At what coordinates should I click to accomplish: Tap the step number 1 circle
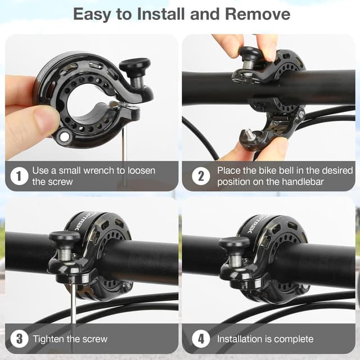(x=19, y=176)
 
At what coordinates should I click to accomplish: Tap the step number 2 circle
(x=200, y=176)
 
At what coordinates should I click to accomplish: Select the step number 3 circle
(x=19, y=339)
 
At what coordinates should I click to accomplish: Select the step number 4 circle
(x=200, y=339)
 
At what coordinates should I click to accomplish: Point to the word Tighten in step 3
(x=50, y=339)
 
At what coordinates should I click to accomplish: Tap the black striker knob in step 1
(x=134, y=66)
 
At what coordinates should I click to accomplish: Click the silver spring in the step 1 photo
(x=137, y=80)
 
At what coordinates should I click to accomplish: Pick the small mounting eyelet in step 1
(x=64, y=136)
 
